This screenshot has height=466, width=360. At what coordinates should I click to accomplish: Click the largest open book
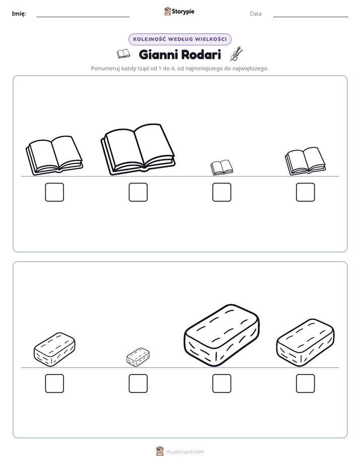(x=138, y=149)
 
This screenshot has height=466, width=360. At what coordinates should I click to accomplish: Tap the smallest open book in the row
(x=221, y=167)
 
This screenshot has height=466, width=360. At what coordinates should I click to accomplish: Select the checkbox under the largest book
(x=138, y=192)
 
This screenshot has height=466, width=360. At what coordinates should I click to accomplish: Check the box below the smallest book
(x=222, y=192)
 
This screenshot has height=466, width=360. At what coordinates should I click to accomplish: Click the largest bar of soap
(x=221, y=335)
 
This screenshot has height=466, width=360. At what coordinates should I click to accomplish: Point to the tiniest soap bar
(x=138, y=357)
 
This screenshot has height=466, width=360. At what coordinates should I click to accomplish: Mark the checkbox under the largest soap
(x=222, y=383)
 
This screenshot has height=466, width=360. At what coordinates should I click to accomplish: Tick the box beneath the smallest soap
(x=138, y=383)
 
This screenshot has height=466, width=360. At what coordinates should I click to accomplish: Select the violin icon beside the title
(x=236, y=54)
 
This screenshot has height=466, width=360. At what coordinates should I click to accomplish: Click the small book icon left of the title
(x=123, y=54)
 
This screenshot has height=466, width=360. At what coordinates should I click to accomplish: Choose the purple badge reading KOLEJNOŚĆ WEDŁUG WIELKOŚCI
(x=179, y=39)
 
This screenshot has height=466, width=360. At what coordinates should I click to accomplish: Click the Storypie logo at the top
(x=179, y=11)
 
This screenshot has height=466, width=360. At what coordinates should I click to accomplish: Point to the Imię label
(x=19, y=14)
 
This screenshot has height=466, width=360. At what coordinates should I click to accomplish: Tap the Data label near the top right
(x=256, y=14)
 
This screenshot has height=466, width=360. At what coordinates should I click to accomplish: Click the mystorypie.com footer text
(x=185, y=452)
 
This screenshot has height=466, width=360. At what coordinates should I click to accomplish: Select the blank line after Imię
(x=83, y=17)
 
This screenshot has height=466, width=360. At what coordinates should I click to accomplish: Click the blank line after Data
(x=311, y=17)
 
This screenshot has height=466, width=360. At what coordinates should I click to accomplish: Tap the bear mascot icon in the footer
(x=160, y=451)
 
